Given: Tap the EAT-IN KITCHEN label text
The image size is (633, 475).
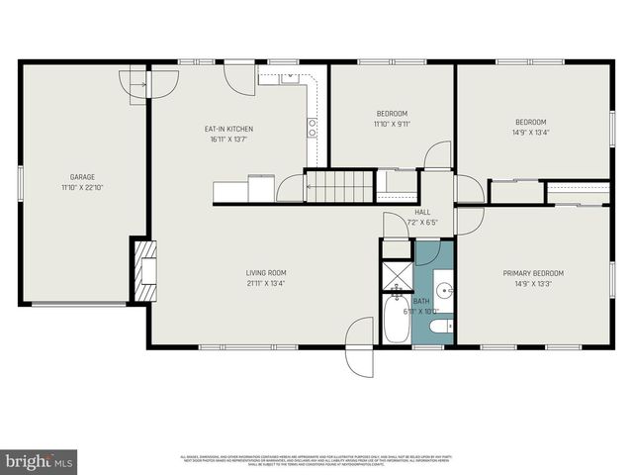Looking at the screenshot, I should [228, 130].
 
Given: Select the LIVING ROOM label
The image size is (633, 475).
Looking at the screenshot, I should [266, 273].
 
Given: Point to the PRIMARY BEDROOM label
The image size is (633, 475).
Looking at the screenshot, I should [533, 273].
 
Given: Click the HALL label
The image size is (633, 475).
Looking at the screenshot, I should [422, 212].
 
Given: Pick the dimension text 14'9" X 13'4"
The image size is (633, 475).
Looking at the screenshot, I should [531, 132].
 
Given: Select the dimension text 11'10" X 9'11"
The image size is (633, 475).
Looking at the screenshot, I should [392, 124].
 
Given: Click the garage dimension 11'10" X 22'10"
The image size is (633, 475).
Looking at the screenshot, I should [60, 187].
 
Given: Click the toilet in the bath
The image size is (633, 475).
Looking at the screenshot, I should [443, 325].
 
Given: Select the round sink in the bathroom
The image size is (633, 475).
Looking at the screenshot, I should [444, 291].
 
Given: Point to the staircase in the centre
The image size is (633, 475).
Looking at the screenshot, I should [339, 185].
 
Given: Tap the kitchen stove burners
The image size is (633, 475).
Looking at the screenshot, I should [312, 127].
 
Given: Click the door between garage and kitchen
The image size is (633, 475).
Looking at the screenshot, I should [135, 86].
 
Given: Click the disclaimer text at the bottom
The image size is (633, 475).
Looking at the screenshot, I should [316, 460].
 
